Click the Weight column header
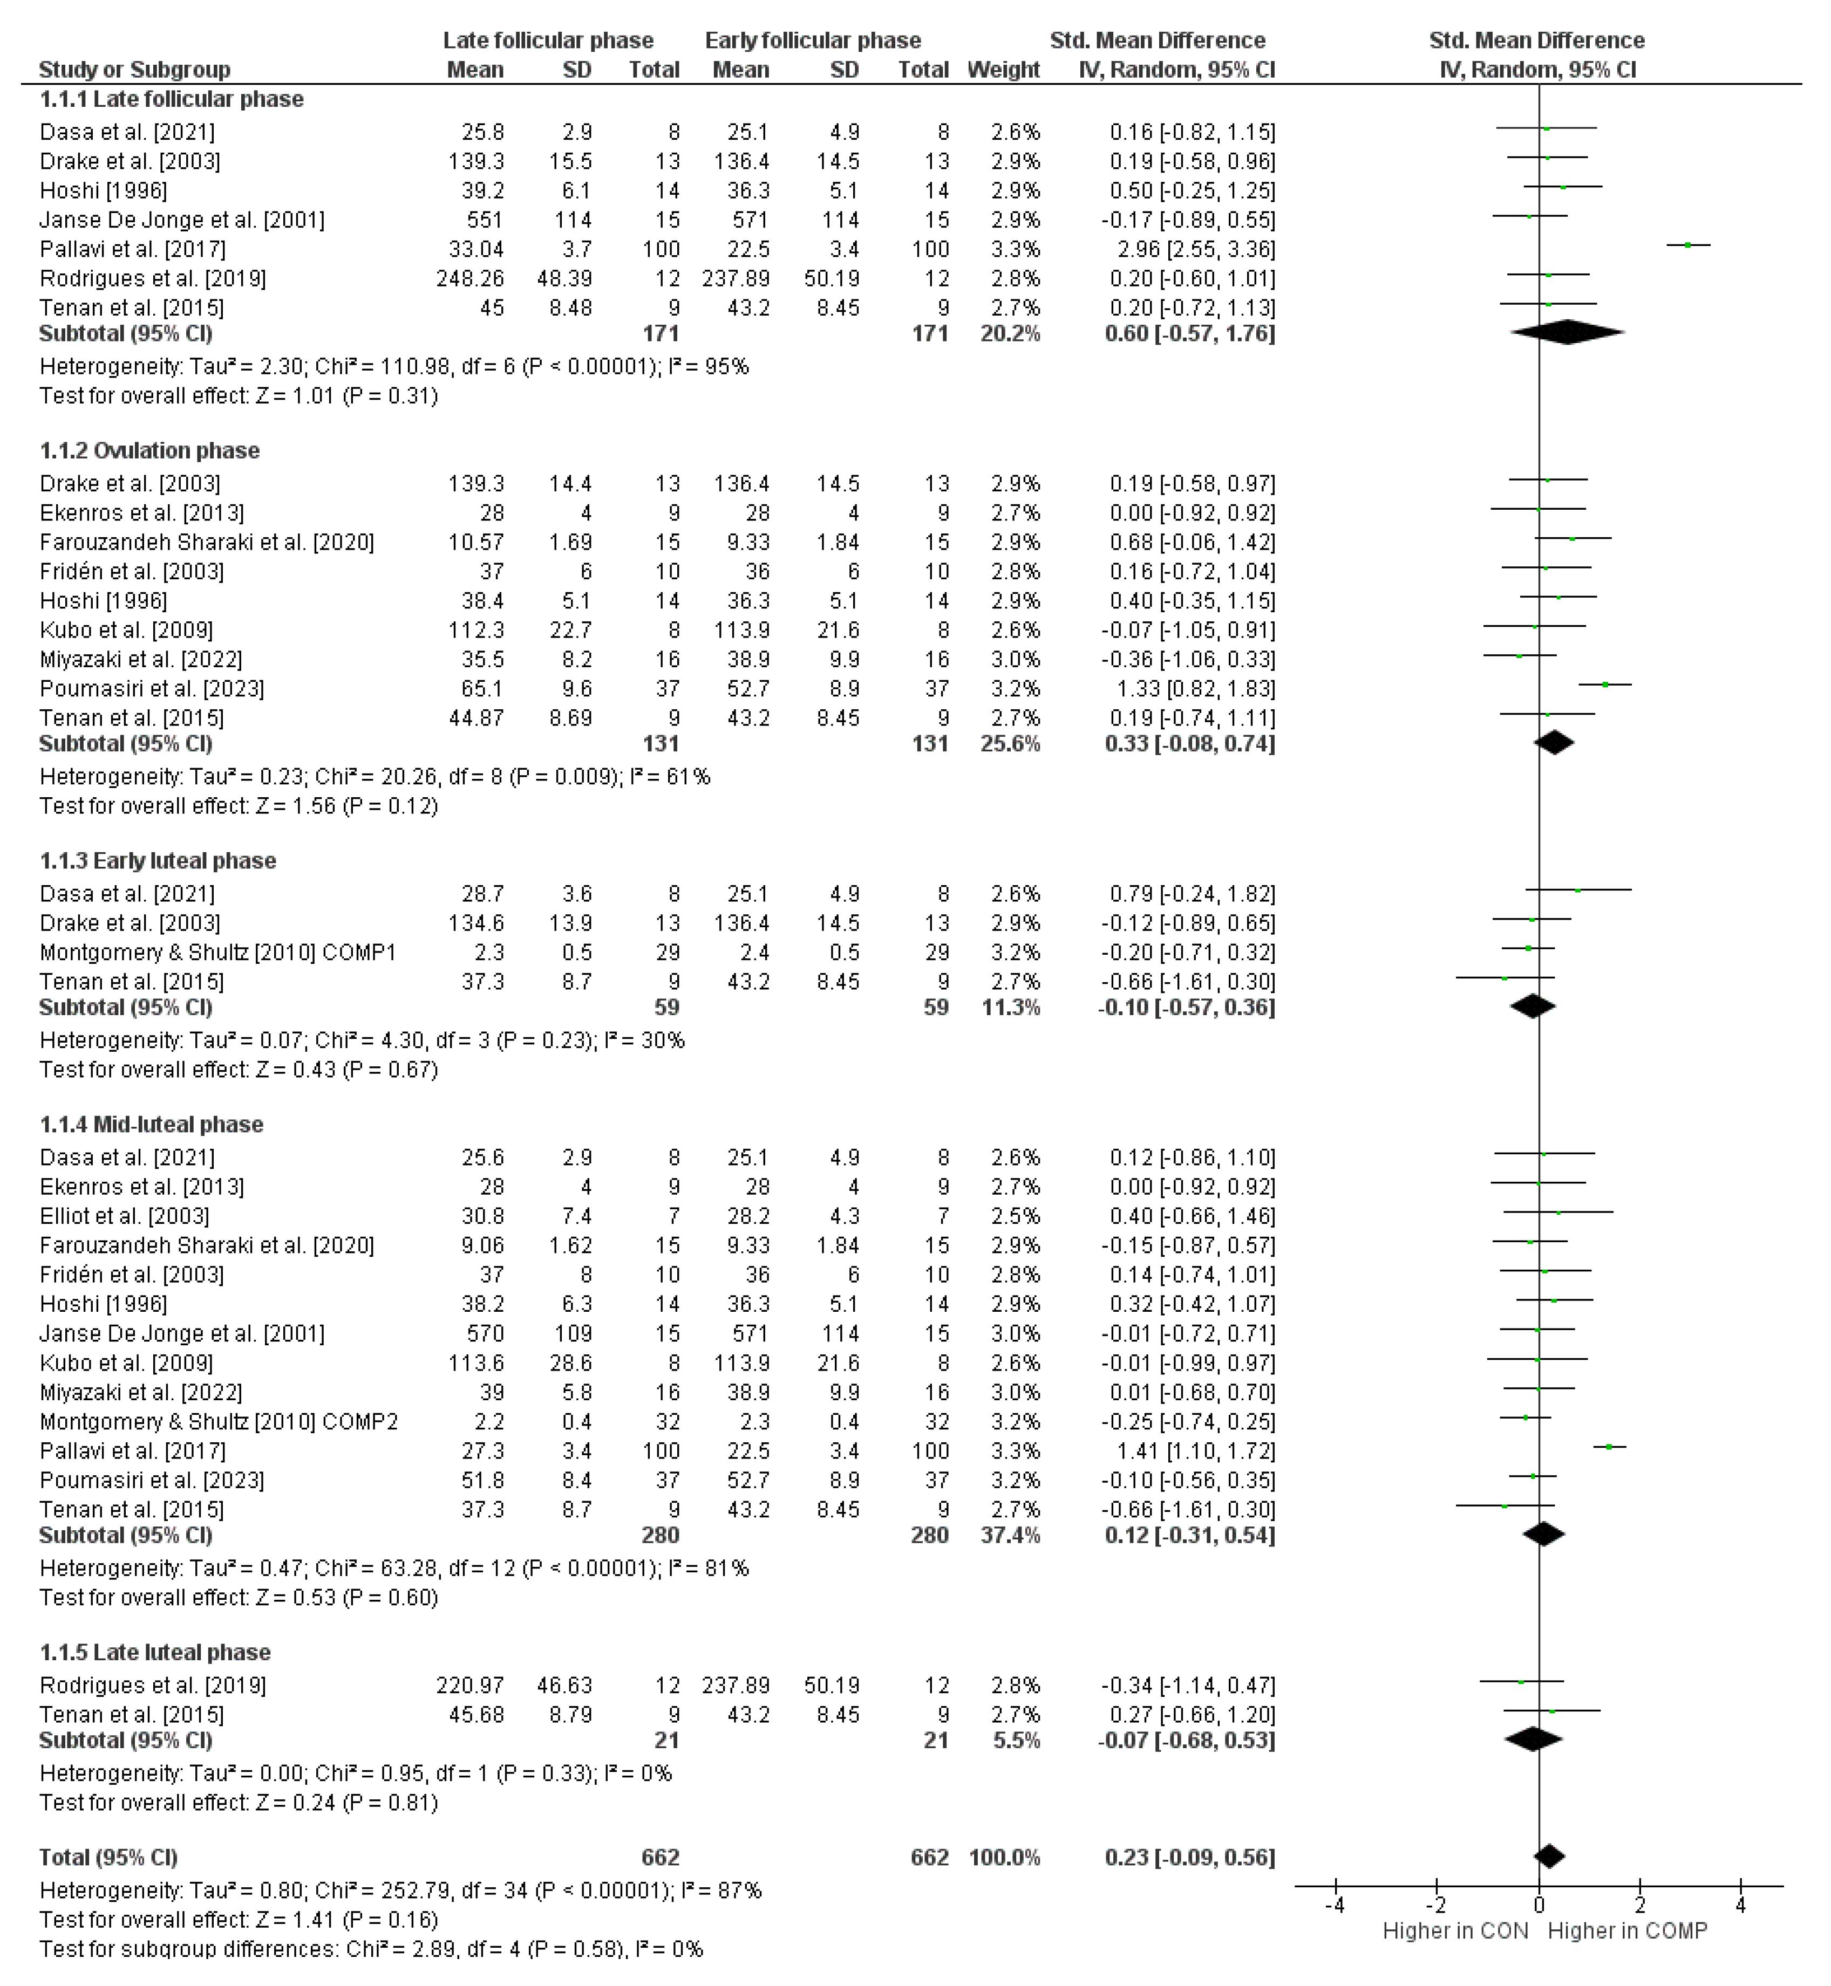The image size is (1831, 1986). click(x=1003, y=70)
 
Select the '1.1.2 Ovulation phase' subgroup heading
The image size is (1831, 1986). click(x=149, y=451)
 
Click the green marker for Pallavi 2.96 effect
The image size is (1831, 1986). click(x=1687, y=245)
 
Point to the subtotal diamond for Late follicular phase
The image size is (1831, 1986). click(x=1568, y=333)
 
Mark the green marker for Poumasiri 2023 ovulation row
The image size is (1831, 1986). click(x=1605, y=684)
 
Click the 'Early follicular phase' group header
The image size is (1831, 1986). click(x=813, y=40)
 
